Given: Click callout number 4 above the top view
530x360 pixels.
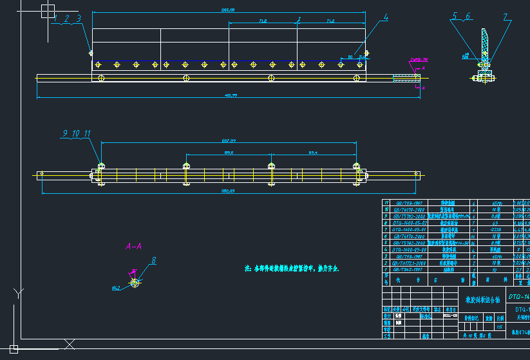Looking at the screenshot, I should [x=386, y=19].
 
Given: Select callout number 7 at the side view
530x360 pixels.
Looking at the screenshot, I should [x=506, y=17].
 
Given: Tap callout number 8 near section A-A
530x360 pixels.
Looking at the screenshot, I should [x=154, y=261].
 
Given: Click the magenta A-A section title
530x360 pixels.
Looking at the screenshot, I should [x=134, y=246].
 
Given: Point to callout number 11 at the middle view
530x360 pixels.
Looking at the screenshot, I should [x=88, y=134].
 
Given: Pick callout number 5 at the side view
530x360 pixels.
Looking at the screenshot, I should [x=455, y=17].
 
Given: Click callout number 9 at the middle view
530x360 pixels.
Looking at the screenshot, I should [x=65, y=134].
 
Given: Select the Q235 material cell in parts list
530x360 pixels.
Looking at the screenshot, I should [x=497, y=229].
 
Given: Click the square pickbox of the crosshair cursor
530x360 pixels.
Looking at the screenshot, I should [x=48, y=10].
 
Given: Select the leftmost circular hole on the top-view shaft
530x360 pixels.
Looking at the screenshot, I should [x=100, y=78].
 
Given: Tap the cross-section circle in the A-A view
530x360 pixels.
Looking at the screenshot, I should [x=135, y=283].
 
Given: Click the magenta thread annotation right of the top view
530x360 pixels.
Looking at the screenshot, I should [x=419, y=60].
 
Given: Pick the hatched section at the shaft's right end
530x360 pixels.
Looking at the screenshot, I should [x=405, y=78].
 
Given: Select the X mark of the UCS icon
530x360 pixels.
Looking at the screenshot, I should [x=70, y=344].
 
